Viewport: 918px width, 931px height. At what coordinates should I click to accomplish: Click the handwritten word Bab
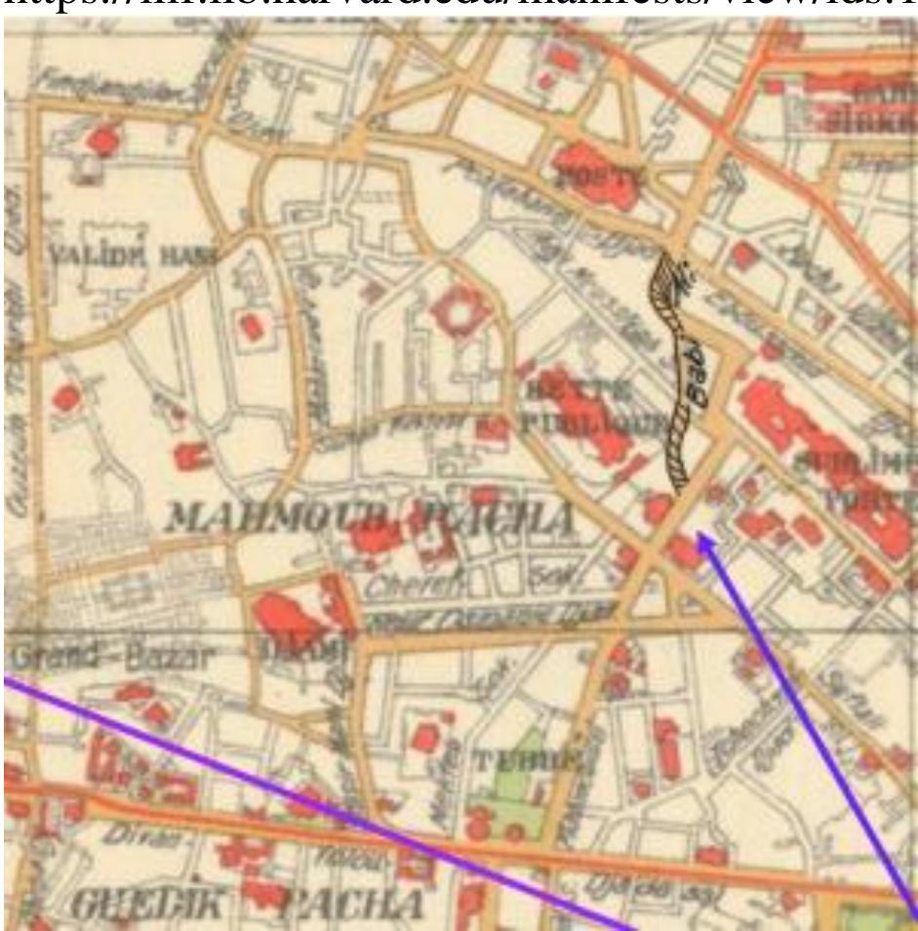[x=696, y=372]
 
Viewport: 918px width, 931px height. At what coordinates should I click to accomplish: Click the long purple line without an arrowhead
[x=322, y=800]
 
